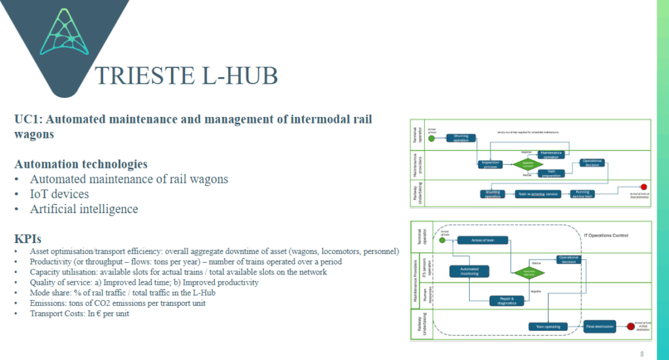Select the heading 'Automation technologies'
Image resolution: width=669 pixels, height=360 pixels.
click(x=81, y=163)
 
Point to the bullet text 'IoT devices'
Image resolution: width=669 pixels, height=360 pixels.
click(x=59, y=194)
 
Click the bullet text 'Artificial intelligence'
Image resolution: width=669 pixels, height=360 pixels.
click(x=84, y=209)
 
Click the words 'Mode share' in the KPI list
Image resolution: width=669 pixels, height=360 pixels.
click(x=51, y=292)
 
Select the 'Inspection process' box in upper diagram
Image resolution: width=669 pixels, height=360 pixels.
click(x=490, y=163)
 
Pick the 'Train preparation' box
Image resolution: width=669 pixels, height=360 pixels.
click(x=553, y=174)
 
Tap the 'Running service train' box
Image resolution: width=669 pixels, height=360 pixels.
click(x=582, y=194)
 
